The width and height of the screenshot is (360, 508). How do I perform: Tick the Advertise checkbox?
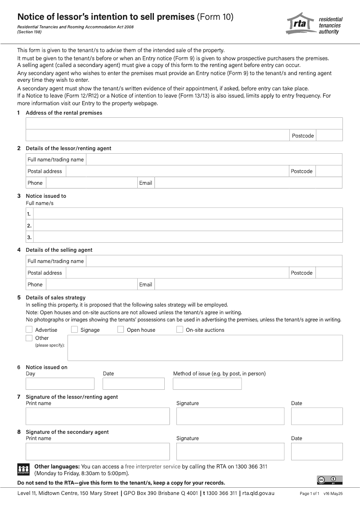pos(29,330)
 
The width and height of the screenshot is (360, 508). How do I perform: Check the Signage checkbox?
pos(75,330)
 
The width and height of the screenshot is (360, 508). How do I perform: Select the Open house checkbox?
pos(121,330)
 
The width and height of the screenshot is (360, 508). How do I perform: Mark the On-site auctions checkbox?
pos(180,330)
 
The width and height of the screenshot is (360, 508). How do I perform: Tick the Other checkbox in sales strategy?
pos(29,338)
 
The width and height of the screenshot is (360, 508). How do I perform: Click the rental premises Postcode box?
pos(329,135)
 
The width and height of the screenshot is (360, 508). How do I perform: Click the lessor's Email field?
pos(248,183)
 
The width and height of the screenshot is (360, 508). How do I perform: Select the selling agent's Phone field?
pos(91,285)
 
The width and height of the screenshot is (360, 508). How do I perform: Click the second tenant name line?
pos(188,226)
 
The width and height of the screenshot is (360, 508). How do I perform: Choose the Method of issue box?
pos(207,383)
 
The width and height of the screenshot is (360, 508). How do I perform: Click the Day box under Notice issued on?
pos(60,383)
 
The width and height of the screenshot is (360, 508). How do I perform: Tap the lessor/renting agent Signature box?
pos(230,416)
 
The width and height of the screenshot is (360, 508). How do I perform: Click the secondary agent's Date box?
pos(317,451)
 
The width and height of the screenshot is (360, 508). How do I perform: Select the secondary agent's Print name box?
pos(98,451)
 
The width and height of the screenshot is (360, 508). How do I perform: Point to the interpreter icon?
pos(23,469)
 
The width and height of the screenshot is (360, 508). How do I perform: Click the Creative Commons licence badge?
pos(327,480)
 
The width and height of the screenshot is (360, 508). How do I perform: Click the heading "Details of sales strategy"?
pos(55,298)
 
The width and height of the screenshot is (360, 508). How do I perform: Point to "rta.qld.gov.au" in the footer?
pos(258,493)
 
